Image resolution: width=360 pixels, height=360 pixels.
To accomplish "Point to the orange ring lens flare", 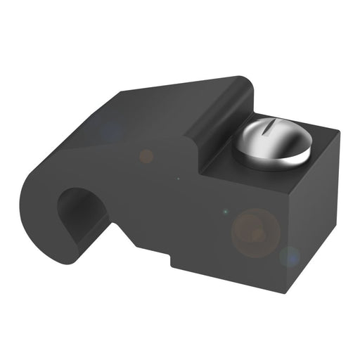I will click(x=256, y=231).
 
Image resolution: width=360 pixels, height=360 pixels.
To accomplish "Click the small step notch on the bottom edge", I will click(x=172, y=260).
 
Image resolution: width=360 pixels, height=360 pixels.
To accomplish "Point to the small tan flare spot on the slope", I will click(x=146, y=155).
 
